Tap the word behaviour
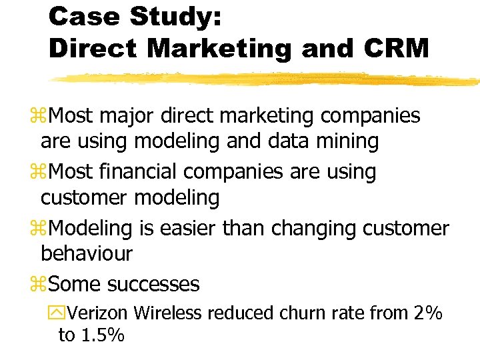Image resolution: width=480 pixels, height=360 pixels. pyautogui.click(x=87, y=253)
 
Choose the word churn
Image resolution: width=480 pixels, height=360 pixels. pyautogui.click(x=299, y=313)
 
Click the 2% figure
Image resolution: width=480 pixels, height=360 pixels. pyautogui.click(x=427, y=313)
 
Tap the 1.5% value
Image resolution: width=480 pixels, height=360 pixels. pyautogui.click(x=101, y=335)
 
